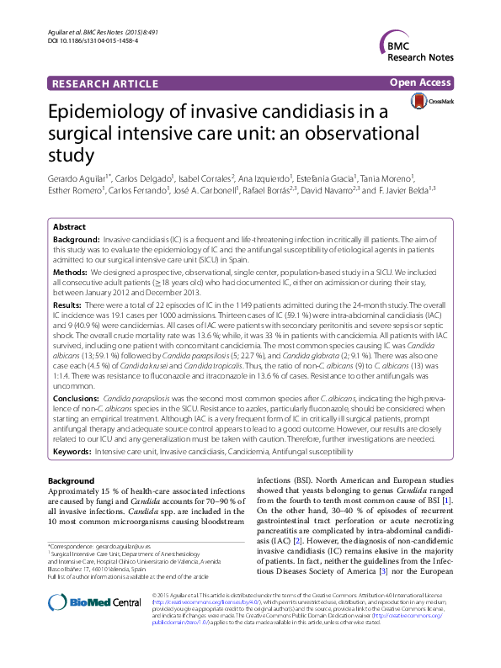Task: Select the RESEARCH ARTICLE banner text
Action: point(104,83)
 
